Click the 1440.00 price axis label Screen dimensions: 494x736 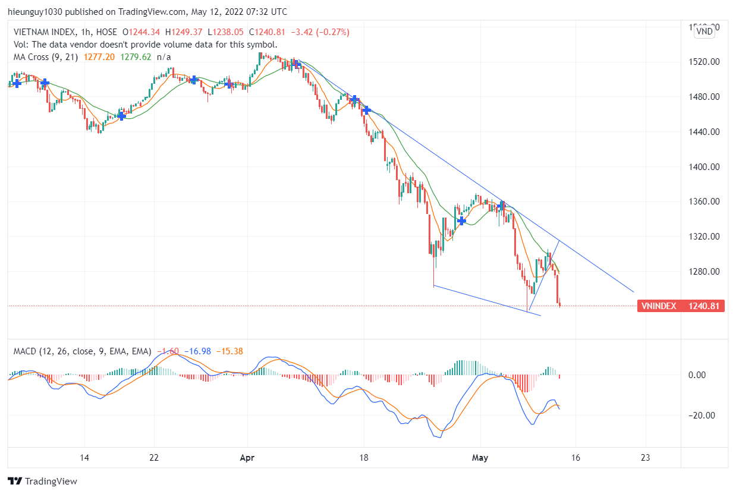click(x=703, y=132)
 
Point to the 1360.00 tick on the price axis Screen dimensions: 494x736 click(x=703, y=202)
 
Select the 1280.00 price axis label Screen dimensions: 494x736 click(x=703, y=272)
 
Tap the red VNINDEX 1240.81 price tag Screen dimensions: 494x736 click(x=681, y=306)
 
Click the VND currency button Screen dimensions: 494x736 click(x=705, y=32)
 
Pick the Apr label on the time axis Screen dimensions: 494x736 click(x=247, y=458)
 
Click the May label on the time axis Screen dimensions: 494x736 click(x=479, y=458)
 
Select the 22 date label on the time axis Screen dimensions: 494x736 click(x=154, y=458)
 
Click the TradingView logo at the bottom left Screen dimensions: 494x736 click(x=42, y=481)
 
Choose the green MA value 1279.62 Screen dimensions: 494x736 click(x=136, y=57)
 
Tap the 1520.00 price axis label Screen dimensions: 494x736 click(x=703, y=62)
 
